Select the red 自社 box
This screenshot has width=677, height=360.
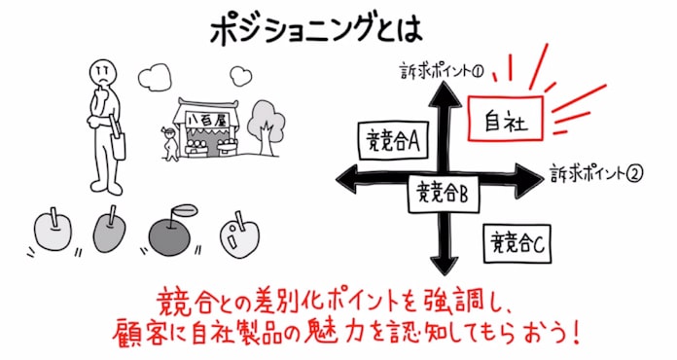click(505, 121)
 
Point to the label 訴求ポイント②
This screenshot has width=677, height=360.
click(596, 174)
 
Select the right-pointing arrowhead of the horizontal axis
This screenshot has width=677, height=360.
click(529, 178)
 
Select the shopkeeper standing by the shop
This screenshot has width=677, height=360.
click(170, 141)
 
